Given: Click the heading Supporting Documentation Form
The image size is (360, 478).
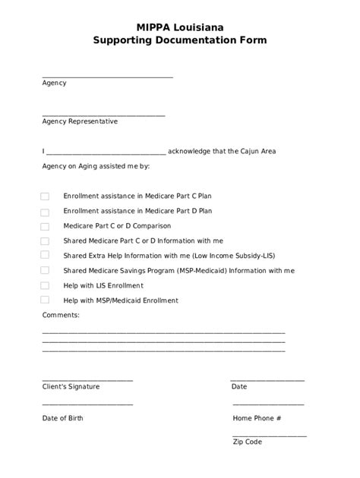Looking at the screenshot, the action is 179,41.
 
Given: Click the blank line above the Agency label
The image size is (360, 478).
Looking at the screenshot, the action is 107,77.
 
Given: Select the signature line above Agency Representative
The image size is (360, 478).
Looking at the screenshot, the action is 103,115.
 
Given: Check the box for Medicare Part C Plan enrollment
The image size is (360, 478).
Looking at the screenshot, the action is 45,196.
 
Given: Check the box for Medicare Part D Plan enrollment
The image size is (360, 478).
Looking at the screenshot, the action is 45,212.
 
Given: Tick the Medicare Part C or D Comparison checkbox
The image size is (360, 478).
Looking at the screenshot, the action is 45,226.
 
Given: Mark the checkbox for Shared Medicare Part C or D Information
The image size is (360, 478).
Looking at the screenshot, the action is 45,241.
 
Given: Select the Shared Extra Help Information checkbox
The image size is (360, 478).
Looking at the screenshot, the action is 45,256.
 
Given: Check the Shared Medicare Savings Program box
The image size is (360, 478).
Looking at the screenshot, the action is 45,270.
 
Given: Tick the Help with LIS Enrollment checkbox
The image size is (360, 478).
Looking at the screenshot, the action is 45,285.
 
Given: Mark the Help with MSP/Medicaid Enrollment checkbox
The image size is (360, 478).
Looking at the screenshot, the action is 45,300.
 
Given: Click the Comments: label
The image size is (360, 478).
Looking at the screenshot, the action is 60,314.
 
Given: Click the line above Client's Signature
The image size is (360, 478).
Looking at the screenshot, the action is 87,380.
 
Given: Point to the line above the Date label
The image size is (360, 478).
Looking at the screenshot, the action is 267,380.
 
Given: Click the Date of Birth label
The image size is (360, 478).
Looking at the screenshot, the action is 63,418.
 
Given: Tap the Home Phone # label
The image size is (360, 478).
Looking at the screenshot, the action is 257,418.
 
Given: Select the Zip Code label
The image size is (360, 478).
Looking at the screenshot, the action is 248,442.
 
